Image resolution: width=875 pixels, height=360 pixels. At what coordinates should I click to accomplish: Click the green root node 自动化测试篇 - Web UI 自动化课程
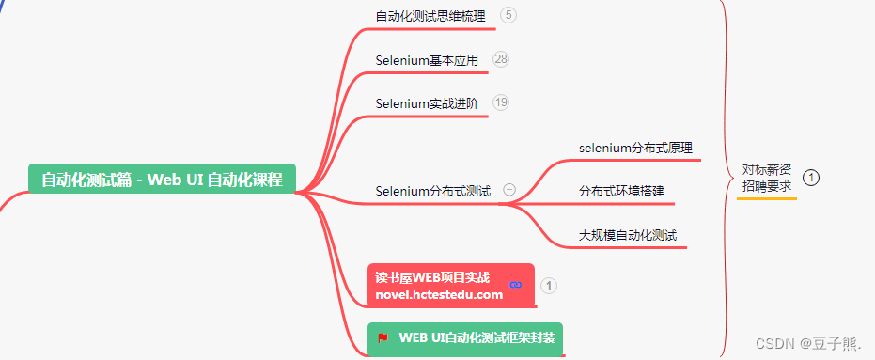(x=162, y=179)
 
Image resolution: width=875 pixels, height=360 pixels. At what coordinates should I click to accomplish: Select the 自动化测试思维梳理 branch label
(x=431, y=16)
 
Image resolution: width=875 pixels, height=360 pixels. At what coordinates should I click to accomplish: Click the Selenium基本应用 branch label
(x=427, y=60)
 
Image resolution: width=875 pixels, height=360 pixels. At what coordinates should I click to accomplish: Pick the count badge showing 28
(x=501, y=59)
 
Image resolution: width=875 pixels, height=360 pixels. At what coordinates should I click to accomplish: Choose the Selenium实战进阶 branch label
(x=427, y=103)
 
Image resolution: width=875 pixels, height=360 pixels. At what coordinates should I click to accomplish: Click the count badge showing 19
(x=501, y=102)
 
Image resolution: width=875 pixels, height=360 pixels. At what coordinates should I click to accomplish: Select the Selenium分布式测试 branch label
(x=432, y=191)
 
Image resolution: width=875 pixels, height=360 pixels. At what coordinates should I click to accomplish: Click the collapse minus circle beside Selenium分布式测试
(x=509, y=190)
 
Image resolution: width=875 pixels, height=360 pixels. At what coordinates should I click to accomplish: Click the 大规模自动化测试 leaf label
(x=628, y=234)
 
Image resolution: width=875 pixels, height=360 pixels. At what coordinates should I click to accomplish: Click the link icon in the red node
(x=515, y=285)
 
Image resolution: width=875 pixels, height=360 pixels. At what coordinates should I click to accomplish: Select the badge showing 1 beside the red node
(x=550, y=286)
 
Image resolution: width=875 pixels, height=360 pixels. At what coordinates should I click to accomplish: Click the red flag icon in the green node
(x=383, y=337)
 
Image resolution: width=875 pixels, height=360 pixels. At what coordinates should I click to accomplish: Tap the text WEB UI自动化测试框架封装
(x=477, y=337)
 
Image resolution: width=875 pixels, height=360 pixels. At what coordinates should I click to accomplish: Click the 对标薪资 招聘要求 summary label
(x=766, y=178)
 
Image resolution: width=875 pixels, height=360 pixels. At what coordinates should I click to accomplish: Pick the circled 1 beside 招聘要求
(x=812, y=177)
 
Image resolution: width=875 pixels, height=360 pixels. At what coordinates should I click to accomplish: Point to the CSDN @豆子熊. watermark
(x=801, y=344)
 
